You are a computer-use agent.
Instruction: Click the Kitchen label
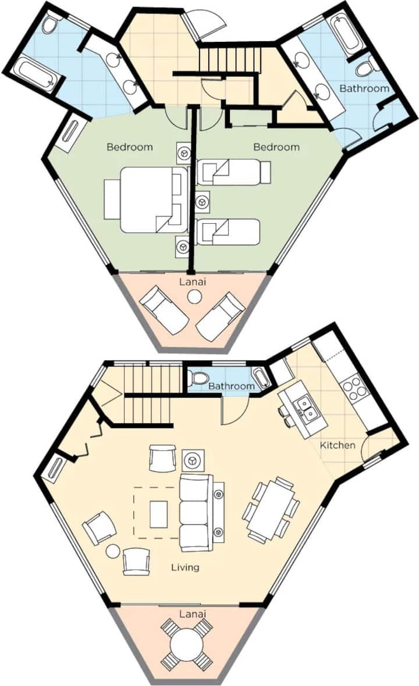[337, 445]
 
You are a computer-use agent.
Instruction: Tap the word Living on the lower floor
[185, 567]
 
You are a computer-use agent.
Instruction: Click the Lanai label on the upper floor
[193, 282]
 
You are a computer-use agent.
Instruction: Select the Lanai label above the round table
[193, 614]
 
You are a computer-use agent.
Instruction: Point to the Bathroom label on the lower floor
[231, 386]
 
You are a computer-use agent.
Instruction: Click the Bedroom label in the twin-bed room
[276, 147]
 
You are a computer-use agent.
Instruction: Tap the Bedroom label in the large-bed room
[130, 147]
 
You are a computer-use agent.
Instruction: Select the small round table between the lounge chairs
[194, 298]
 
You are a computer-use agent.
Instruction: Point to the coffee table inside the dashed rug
[158, 514]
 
